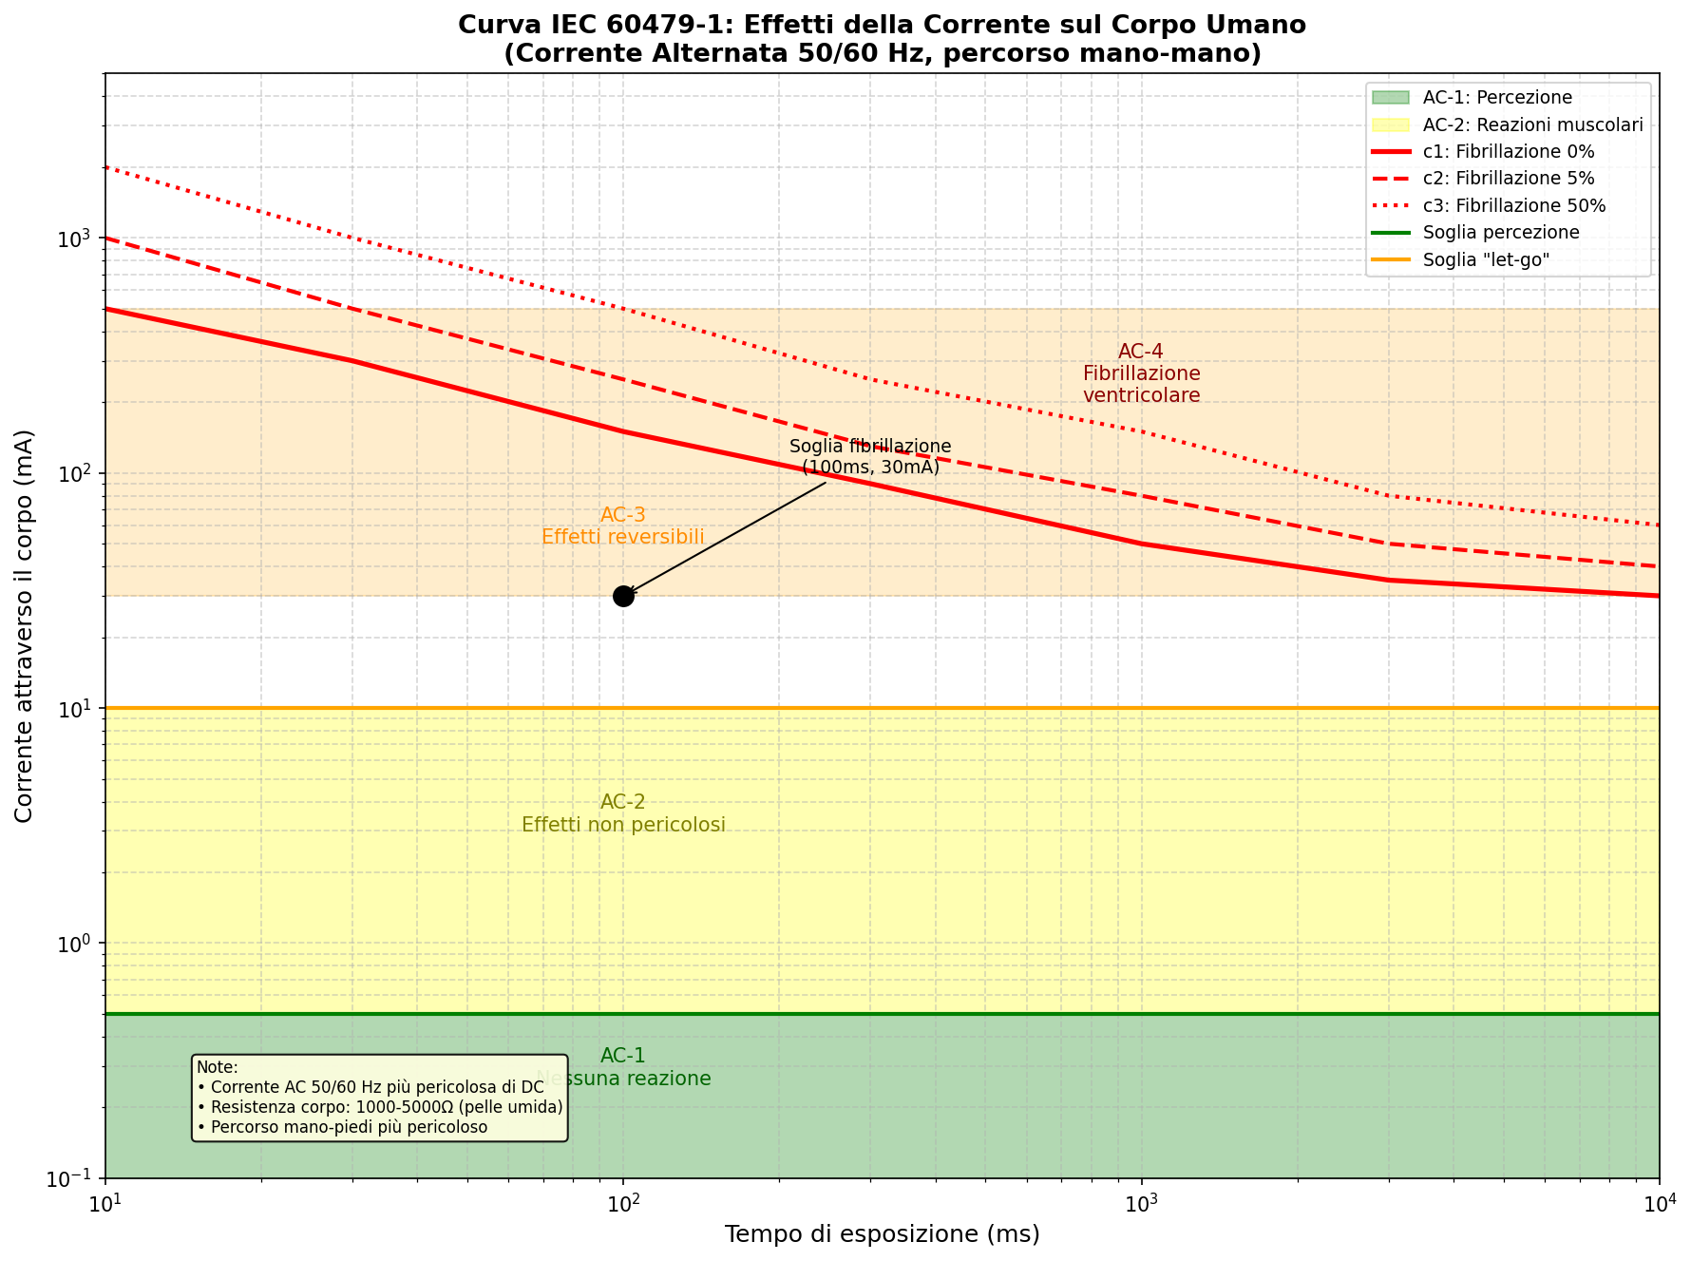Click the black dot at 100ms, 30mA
tap(623, 596)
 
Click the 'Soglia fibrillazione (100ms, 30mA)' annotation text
tap(870, 457)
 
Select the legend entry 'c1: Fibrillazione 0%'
tap(1508, 152)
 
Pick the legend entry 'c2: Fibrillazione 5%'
tap(1508, 179)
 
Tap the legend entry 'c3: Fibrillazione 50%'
tap(1513, 205)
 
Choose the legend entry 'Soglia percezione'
tap(1500, 233)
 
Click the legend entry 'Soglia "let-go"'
tap(1486, 259)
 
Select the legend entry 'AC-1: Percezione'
tap(1497, 98)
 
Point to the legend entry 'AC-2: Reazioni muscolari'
tap(1532, 125)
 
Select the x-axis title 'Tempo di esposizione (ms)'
tap(882, 1234)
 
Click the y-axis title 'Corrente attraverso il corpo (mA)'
tap(25, 625)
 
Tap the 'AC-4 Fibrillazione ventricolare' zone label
tap(1141, 373)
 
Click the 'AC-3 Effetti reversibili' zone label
tap(623, 526)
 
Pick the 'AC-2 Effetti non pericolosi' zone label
tap(623, 814)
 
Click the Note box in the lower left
tap(379, 1098)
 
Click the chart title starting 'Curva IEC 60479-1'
tap(882, 39)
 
